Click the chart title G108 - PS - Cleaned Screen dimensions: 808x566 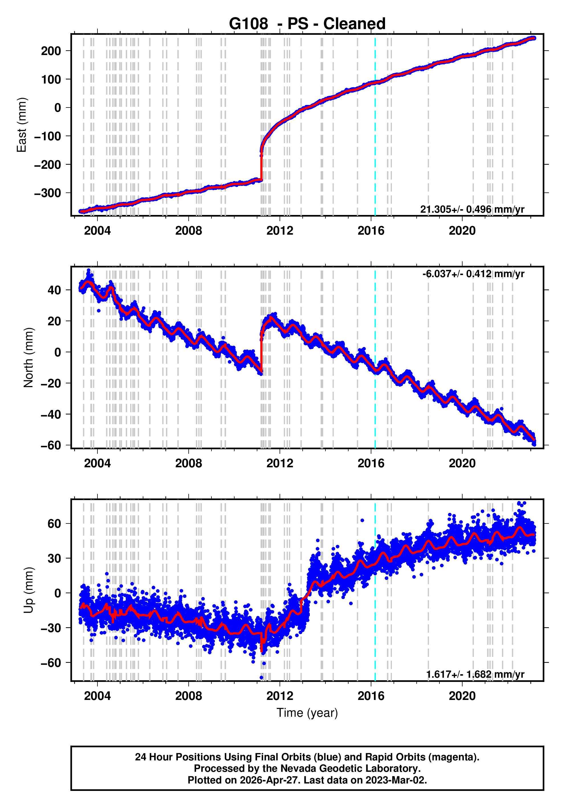(x=307, y=24)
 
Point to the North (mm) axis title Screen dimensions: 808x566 (x=28, y=358)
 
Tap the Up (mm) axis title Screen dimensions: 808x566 (x=28, y=590)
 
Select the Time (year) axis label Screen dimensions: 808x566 (x=307, y=712)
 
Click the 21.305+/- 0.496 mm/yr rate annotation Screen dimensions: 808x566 (x=472, y=209)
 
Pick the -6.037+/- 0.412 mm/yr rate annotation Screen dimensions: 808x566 (x=473, y=274)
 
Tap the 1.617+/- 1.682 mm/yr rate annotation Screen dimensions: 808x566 (x=475, y=674)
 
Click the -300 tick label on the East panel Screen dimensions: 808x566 (x=48, y=193)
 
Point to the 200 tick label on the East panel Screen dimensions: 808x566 (x=51, y=51)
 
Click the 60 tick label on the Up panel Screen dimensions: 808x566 (x=54, y=524)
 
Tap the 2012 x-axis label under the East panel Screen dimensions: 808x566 (x=280, y=231)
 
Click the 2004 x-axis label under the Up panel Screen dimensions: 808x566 (x=97, y=696)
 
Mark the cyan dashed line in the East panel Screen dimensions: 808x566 (x=375, y=141)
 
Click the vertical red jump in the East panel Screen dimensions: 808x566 (x=261, y=165)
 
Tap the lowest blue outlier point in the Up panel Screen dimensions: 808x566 (x=261, y=677)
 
